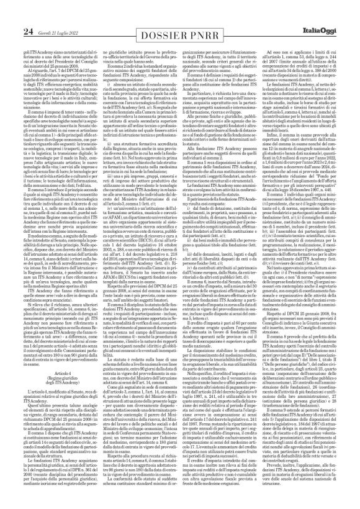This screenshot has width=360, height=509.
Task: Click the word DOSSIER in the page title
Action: pos(156,15)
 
